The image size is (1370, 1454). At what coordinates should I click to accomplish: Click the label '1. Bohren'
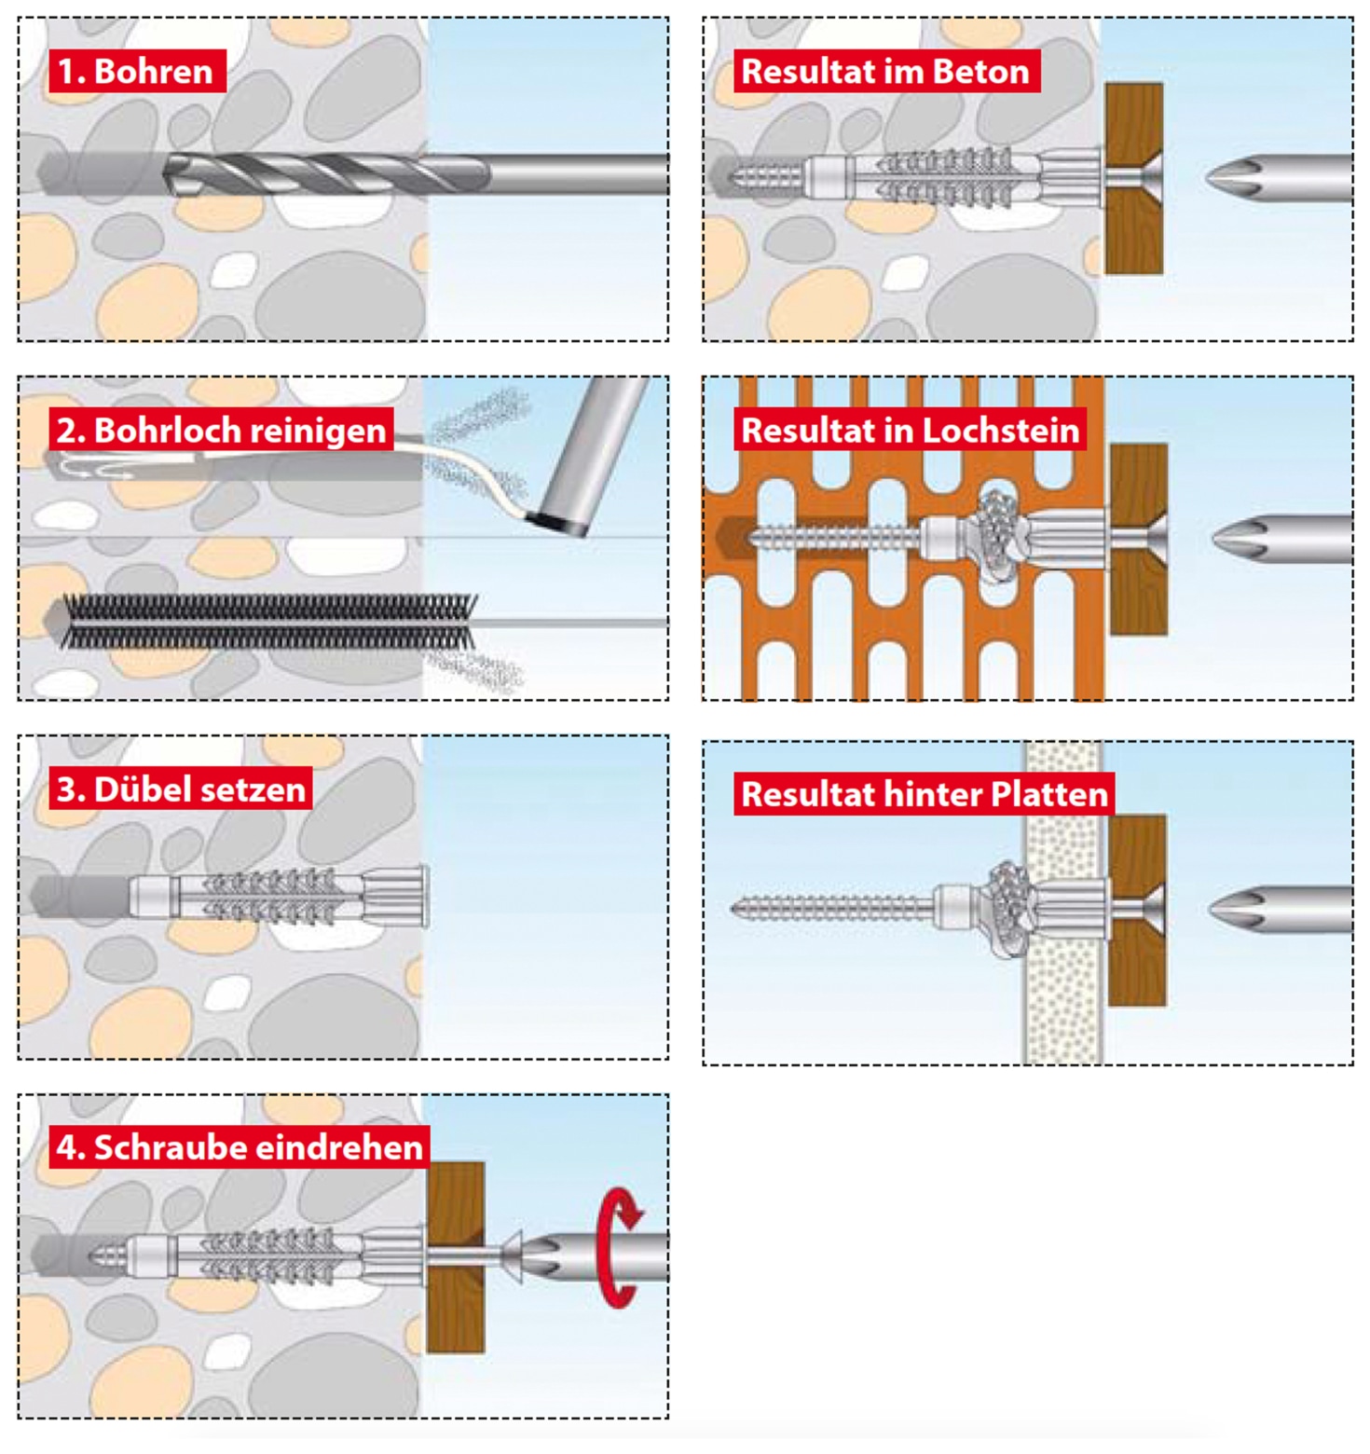click(x=136, y=72)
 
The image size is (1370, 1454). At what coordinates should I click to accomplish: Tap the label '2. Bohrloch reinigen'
click(x=221, y=430)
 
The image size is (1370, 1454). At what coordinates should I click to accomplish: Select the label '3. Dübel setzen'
click(x=181, y=789)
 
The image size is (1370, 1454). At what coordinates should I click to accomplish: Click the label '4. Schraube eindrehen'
click(x=240, y=1146)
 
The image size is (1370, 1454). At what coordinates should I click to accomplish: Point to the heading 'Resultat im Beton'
click(x=885, y=72)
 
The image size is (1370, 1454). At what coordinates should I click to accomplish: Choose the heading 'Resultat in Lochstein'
click(x=910, y=430)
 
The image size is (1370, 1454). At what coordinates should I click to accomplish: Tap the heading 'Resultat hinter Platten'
click(x=924, y=794)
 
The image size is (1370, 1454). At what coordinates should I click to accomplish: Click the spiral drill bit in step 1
click(x=326, y=174)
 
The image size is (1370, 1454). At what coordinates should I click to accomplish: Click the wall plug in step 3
click(x=280, y=897)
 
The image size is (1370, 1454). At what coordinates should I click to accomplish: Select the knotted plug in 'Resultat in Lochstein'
click(x=997, y=536)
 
